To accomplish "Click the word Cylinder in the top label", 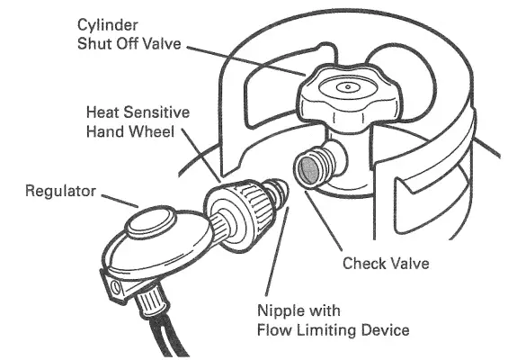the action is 108,26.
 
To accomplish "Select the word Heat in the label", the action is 102,112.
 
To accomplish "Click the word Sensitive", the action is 156,112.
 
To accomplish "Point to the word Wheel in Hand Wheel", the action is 152,131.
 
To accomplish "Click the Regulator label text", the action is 60,191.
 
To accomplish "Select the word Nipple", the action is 276,311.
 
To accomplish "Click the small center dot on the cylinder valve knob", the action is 348,87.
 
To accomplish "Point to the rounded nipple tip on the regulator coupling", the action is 280,193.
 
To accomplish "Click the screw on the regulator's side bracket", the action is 115,287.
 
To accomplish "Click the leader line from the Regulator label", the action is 120,201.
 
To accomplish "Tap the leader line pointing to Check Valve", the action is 324,221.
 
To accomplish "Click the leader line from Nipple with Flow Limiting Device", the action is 277,252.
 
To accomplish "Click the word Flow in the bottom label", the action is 275,330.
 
